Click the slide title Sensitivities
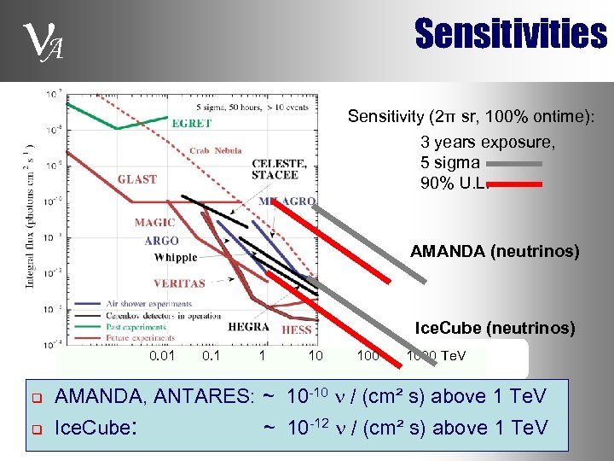[x=510, y=35]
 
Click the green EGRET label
[x=192, y=124]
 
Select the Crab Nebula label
[x=216, y=151]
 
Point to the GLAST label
[x=136, y=179]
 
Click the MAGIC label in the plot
[x=154, y=223]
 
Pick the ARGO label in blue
[x=161, y=241]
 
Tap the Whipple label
[x=176, y=257]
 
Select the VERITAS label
[x=179, y=283]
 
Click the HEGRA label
[x=248, y=327]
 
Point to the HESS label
[x=296, y=330]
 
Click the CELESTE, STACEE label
[x=275, y=169]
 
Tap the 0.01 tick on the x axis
[x=162, y=355]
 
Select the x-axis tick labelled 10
[x=316, y=355]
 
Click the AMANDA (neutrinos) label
[x=494, y=251]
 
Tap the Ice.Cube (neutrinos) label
[x=494, y=328]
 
